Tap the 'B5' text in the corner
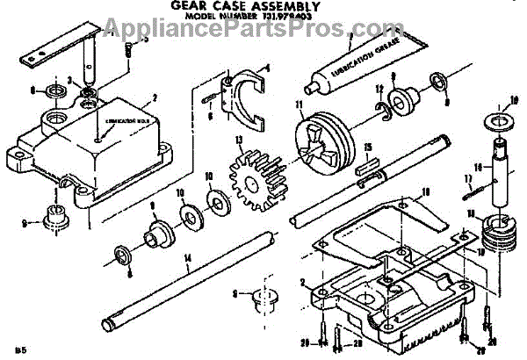11,349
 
